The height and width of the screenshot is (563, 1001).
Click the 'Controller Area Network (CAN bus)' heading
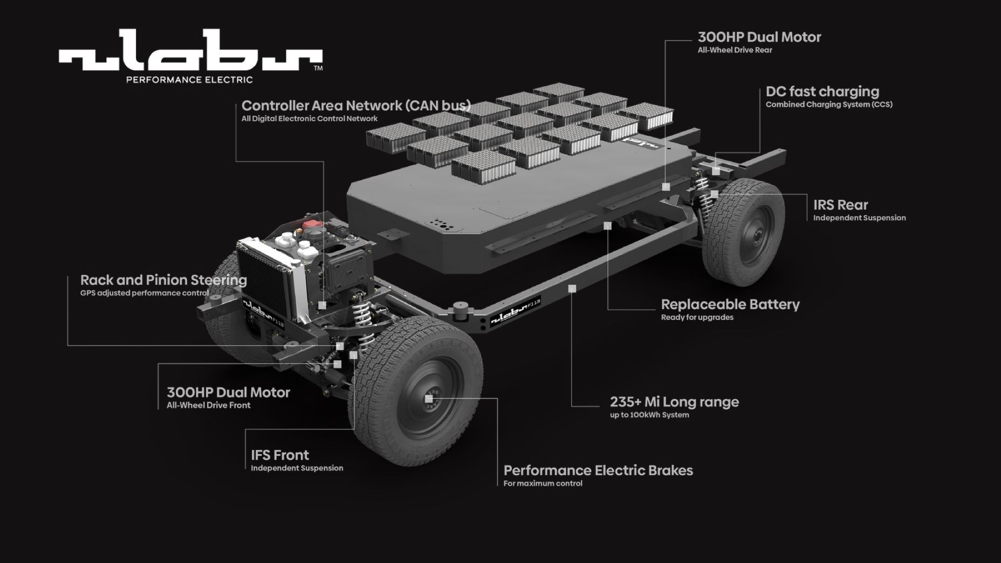[356, 105]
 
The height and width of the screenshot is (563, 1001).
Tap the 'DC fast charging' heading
[822, 92]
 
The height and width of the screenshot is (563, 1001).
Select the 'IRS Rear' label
[840, 205]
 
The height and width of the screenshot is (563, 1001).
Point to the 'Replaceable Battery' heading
[730, 304]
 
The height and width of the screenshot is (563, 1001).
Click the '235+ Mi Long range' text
[674, 402]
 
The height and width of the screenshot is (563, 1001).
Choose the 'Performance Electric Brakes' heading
[598, 470]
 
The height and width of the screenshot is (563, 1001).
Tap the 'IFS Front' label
[279, 455]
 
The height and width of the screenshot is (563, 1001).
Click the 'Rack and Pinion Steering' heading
[163, 280]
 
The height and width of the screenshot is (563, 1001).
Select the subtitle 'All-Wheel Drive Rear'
[735, 50]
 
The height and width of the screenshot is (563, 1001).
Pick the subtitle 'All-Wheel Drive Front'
[208, 405]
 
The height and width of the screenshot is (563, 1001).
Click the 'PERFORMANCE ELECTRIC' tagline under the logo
[189, 80]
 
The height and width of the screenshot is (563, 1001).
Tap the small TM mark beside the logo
[318, 68]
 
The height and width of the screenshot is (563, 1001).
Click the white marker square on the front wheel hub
[429, 399]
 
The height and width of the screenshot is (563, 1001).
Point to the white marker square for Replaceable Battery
[607, 226]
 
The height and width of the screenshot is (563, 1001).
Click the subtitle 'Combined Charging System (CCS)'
[828, 105]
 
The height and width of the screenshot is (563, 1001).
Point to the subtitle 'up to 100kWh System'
[649, 415]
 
